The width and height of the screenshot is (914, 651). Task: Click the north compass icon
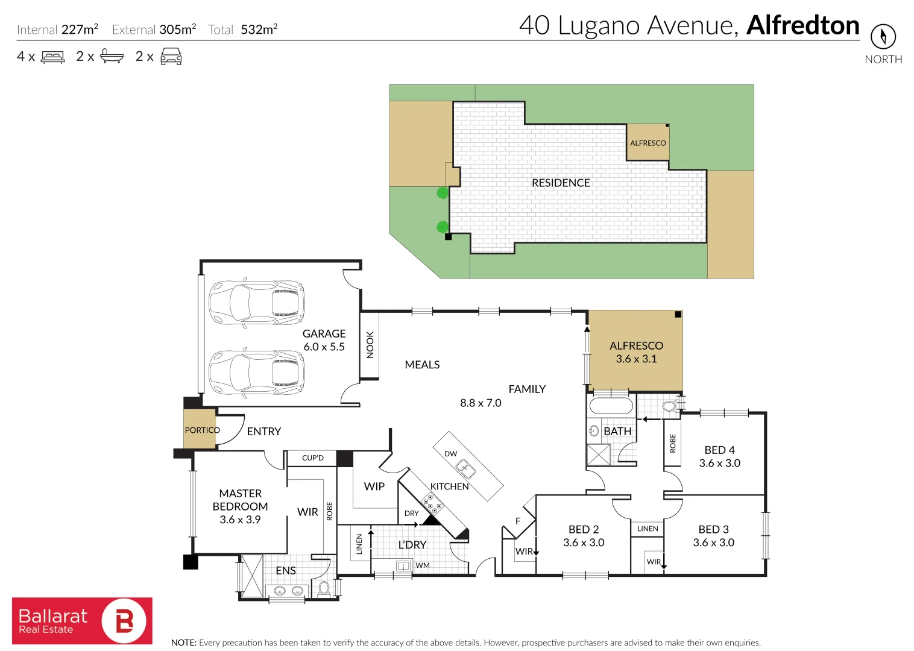883,37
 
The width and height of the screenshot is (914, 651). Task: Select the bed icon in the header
53,57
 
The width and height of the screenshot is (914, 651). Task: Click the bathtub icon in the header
112,57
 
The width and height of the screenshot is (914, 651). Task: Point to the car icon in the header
171,57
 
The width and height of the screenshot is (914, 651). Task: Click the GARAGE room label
324,334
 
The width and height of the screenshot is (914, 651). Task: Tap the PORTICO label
202,430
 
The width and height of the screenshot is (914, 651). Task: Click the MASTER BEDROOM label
240,500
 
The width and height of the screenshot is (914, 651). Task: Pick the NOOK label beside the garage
370,345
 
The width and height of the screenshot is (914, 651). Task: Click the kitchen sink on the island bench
465,468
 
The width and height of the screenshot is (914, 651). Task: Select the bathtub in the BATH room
611,405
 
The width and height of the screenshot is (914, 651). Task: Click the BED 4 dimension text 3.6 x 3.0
719,464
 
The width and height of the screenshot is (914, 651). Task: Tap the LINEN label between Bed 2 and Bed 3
648,529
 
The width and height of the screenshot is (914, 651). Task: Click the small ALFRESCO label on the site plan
648,143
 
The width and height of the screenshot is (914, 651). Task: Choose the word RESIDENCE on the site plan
561,183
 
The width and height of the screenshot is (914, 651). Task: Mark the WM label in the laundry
423,565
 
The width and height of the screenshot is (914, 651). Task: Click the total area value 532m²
259,30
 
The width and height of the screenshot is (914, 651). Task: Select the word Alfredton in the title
802,26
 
